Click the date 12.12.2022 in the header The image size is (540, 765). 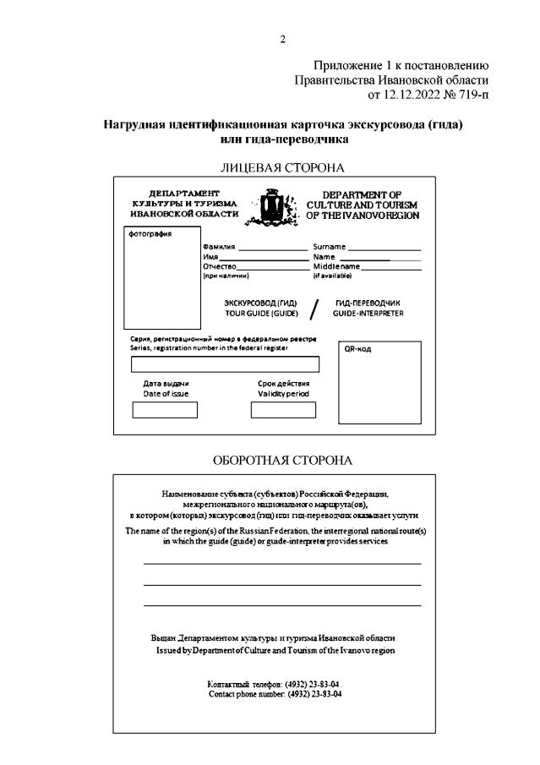[416, 94]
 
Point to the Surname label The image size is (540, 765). [330, 246]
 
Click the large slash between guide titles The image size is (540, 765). [314, 309]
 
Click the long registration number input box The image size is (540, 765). [225, 365]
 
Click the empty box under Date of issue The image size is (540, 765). [165, 410]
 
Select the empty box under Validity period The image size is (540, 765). [283, 410]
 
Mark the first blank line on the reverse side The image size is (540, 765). [282, 563]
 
